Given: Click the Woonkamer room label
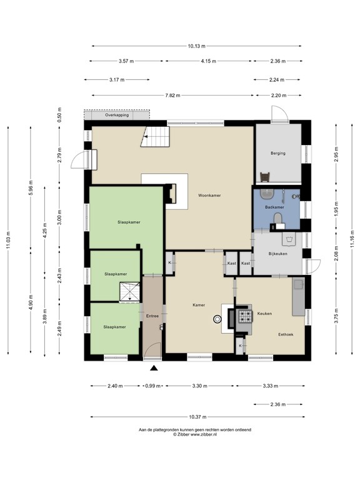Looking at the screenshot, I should (x=211, y=196).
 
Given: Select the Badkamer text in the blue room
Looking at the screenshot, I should (x=274, y=207).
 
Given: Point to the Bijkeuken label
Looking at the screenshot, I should (x=279, y=254).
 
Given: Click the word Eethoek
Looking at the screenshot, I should (x=287, y=334).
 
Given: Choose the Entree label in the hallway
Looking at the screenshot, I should (x=152, y=316).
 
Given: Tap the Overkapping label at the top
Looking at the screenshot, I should (x=117, y=116).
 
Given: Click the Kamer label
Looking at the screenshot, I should (x=199, y=304).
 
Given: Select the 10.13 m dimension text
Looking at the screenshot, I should (x=196, y=46).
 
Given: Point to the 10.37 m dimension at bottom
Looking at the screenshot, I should (x=197, y=417).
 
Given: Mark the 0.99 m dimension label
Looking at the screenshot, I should (x=153, y=386).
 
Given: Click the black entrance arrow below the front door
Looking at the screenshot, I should (x=154, y=369).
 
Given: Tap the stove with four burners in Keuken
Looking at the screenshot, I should (x=242, y=317).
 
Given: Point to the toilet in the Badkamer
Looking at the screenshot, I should (x=278, y=217).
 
